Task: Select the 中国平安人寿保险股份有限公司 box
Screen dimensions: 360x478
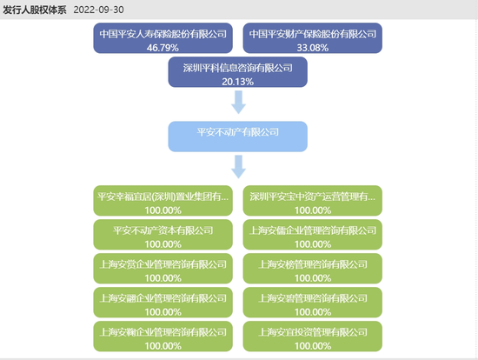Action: tap(163, 34)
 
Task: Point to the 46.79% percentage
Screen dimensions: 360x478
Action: tap(163, 49)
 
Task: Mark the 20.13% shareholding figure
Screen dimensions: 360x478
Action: tap(237, 82)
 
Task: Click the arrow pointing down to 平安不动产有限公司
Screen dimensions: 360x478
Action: tap(237, 103)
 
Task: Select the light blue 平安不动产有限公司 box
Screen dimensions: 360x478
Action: tap(237, 133)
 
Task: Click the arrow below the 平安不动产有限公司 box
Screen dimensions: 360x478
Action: tap(237, 166)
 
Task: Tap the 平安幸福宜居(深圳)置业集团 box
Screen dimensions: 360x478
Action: tap(163, 197)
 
